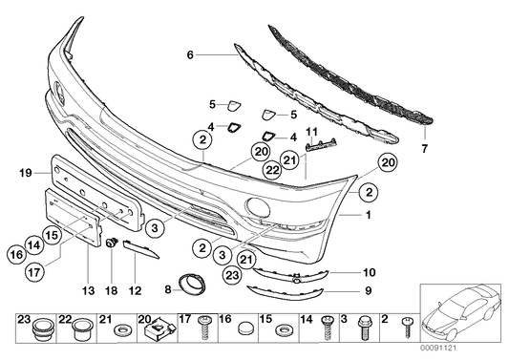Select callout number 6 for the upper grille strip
click(190, 56)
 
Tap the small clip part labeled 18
click(112, 244)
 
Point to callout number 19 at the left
click(25, 172)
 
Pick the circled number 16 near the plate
click(16, 254)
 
